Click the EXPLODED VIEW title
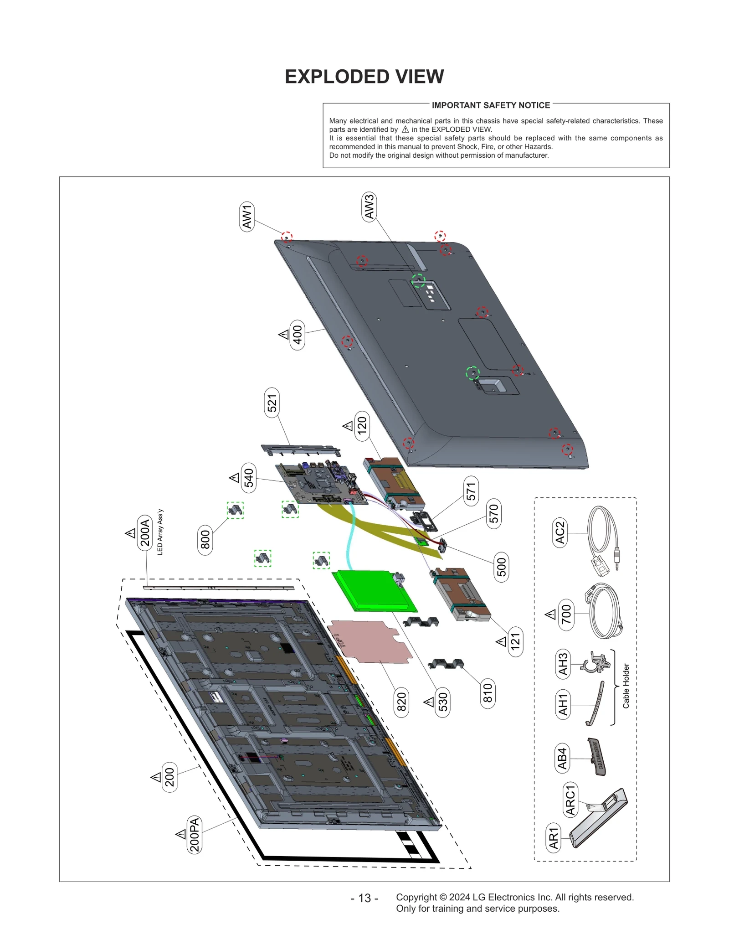point(364,77)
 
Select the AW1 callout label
point(247,217)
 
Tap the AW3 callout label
point(369,207)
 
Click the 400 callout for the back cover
point(297,335)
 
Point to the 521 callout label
point(272,403)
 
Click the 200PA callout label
point(195,834)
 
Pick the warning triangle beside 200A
point(130,533)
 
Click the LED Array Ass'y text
point(160,532)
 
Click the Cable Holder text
point(626,686)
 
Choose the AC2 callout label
point(560,532)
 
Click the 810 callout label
point(488,693)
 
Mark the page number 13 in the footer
point(364,898)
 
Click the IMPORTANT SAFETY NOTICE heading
point(490,105)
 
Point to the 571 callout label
point(471,491)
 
